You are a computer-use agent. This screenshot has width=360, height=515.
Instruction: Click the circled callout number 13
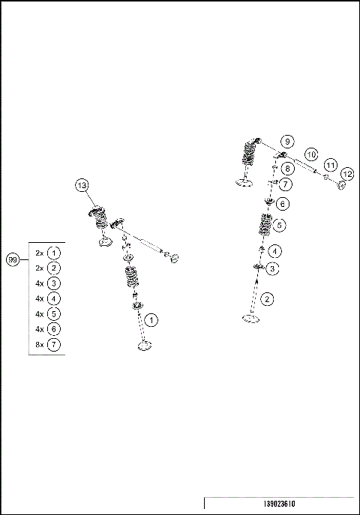[x=82, y=185]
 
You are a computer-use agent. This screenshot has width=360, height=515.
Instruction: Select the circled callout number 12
[x=347, y=174]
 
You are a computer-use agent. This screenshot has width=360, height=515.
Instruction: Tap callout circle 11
[x=330, y=164]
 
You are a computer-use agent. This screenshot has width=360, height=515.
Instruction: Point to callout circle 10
[x=311, y=154]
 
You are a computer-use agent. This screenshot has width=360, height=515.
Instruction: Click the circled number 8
[x=286, y=169]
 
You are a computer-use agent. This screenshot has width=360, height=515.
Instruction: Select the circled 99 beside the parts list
[x=12, y=259]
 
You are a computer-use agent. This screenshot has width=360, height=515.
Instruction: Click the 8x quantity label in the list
[x=40, y=345]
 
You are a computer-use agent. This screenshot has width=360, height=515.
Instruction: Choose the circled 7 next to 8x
[x=54, y=345]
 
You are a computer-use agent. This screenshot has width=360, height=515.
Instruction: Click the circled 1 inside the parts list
[x=54, y=253]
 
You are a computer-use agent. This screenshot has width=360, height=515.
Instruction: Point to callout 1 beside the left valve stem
[x=151, y=320]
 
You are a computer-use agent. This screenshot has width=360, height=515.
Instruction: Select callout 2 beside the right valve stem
[x=268, y=298]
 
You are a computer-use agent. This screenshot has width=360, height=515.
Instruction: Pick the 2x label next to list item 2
[x=40, y=268]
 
